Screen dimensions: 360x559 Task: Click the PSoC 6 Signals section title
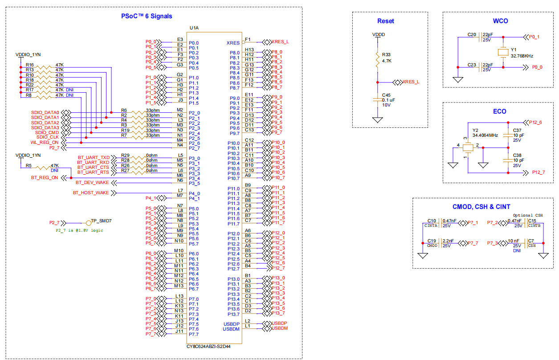click(x=147, y=16)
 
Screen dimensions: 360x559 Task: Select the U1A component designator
click(x=194, y=28)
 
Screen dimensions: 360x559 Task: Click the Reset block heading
click(x=385, y=21)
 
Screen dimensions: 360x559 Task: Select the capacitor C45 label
click(x=386, y=95)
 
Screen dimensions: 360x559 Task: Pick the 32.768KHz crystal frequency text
click(x=522, y=56)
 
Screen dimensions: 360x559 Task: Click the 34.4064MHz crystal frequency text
click(x=485, y=135)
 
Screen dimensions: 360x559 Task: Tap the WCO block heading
click(x=500, y=21)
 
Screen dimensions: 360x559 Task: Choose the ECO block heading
click(x=499, y=111)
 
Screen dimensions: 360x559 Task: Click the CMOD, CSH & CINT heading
click(x=481, y=206)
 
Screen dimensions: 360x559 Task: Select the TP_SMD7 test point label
click(x=101, y=221)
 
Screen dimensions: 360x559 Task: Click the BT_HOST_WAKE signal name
click(x=90, y=192)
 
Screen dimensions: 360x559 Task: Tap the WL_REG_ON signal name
click(x=45, y=143)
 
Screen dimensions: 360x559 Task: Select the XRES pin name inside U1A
click(x=233, y=43)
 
